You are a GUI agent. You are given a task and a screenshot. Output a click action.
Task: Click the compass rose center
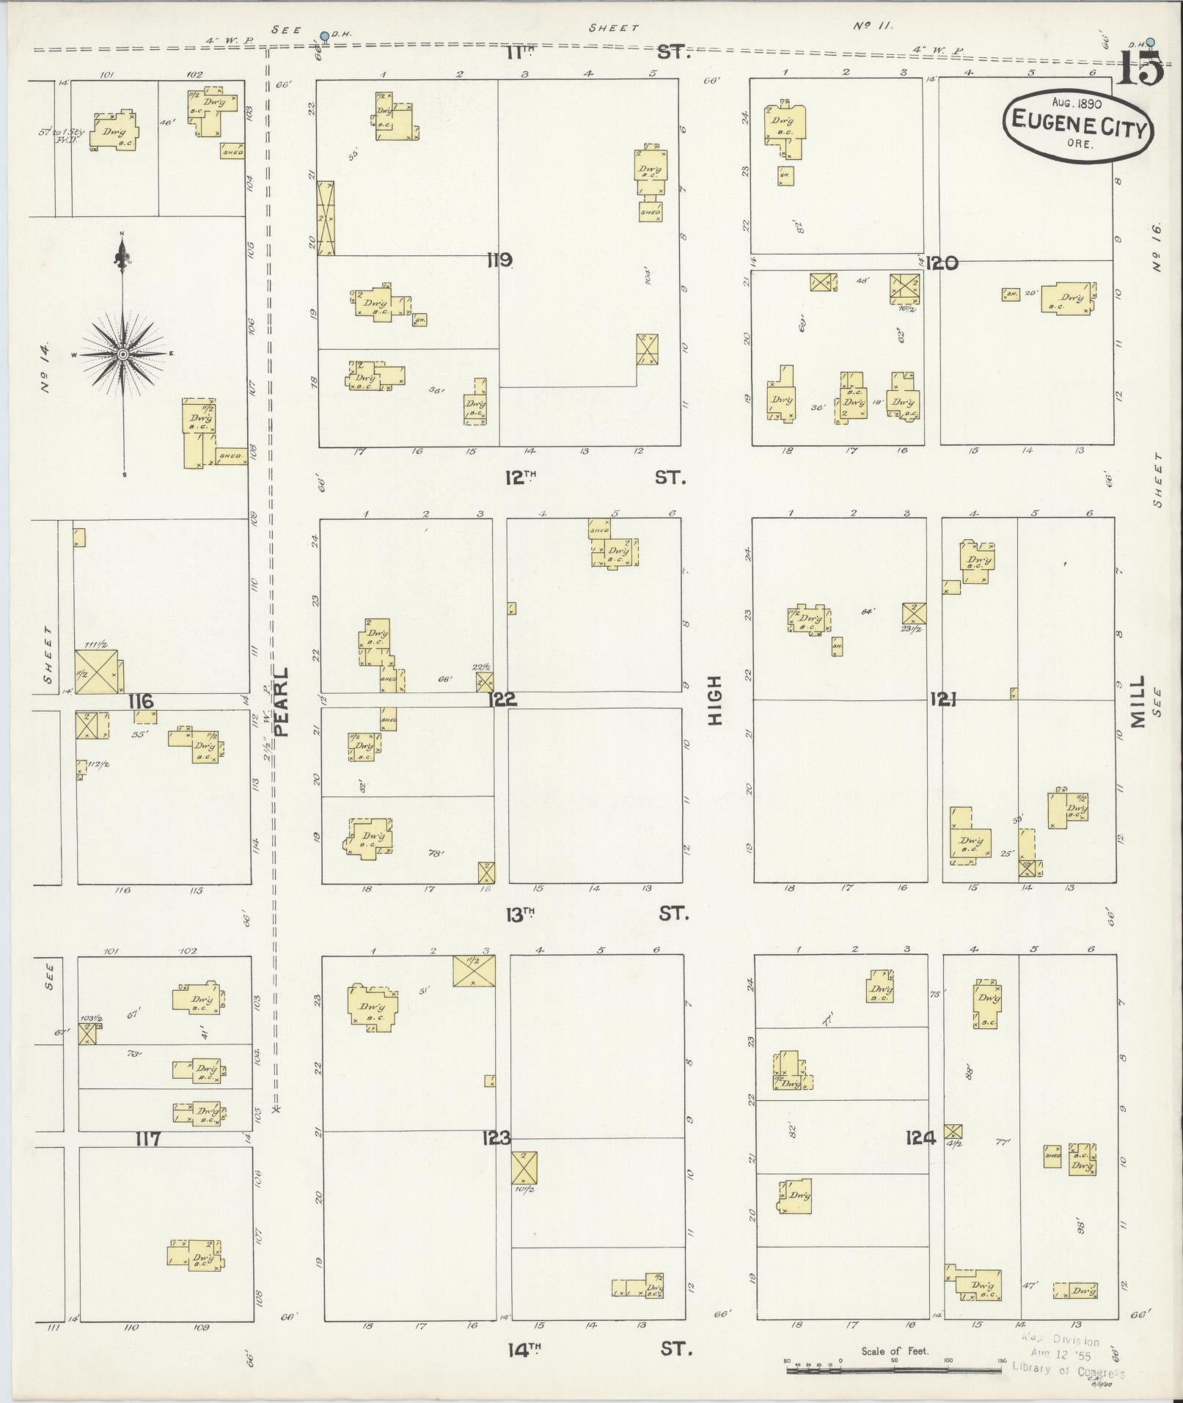pyautogui.click(x=122, y=354)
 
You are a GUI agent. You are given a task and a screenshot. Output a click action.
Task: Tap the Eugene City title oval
pyautogui.click(x=1077, y=124)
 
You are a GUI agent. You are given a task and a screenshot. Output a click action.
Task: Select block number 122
pyautogui.click(x=502, y=699)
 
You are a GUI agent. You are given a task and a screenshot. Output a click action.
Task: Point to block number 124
pyautogui.click(x=920, y=1138)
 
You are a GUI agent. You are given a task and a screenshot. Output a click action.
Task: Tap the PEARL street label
pyautogui.click(x=282, y=700)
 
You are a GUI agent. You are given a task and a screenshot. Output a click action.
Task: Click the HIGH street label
pyautogui.click(x=715, y=700)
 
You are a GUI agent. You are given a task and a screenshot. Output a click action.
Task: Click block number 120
pyautogui.click(x=942, y=262)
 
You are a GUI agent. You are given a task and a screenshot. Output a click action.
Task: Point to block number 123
pyautogui.click(x=496, y=1138)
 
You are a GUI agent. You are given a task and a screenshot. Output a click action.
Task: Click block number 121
pyautogui.click(x=944, y=698)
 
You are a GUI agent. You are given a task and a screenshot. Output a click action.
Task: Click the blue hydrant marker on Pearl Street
pyautogui.click(x=324, y=36)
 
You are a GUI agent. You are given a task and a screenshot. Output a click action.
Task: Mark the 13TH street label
pyautogui.click(x=521, y=913)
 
